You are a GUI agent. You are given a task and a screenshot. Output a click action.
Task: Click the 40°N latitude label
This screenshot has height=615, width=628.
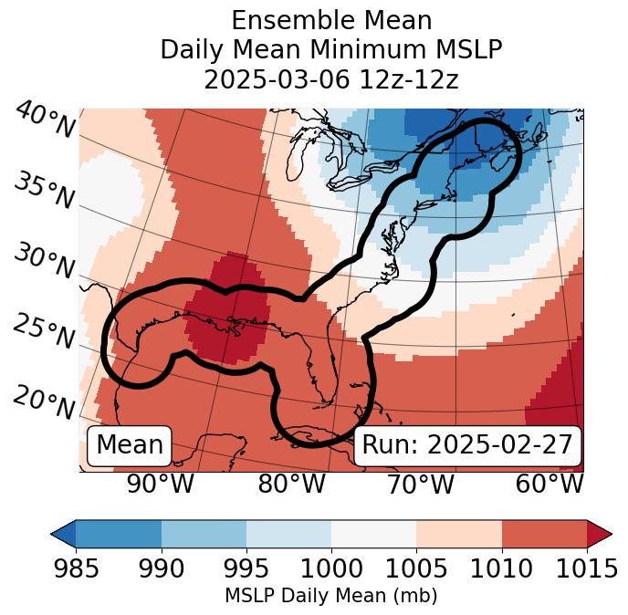coord(44,120)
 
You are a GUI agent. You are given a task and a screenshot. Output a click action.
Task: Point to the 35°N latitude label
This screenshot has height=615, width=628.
coord(43,191)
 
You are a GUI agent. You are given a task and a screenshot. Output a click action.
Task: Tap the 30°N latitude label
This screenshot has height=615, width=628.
coord(43,262)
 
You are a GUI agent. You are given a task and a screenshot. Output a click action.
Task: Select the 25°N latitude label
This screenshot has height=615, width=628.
coord(43,332)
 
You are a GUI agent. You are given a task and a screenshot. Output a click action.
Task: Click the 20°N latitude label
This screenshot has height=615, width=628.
coord(43,402)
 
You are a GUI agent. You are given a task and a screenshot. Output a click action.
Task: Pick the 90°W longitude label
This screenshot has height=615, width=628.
coord(161,484)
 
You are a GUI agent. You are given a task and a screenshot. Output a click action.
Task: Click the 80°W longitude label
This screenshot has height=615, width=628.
coord(291,484)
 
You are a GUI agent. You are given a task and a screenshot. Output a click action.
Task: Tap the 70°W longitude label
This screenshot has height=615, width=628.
coord(419,484)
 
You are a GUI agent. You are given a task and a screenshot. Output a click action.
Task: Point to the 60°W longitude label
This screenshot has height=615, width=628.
coord(549,484)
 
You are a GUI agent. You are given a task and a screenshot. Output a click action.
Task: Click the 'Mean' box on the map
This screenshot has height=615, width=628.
coord(130,445)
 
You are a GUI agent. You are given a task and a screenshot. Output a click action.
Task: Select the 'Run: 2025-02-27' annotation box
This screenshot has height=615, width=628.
coord(467,445)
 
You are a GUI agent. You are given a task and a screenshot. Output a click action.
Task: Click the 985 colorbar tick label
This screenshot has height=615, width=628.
coord(76,568)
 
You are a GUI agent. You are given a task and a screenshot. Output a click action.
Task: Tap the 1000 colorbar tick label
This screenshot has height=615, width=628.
coord(331,568)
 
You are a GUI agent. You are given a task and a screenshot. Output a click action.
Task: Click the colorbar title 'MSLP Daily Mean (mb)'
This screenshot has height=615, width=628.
coord(330,596)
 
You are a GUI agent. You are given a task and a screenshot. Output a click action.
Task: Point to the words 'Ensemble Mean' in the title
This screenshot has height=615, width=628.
coord(330,20)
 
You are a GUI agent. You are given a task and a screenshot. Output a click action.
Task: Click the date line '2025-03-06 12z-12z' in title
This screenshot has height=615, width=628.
coord(330,79)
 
